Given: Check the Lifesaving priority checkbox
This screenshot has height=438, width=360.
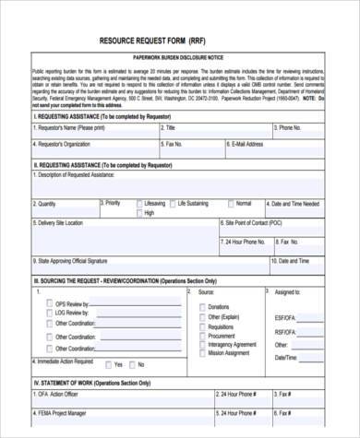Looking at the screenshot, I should click(x=139, y=203).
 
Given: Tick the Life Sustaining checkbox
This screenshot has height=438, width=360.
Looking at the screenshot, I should click(x=171, y=203).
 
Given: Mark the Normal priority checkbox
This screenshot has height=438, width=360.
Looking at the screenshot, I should click(x=230, y=203).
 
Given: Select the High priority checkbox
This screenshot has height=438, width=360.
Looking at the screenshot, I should click(x=139, y=213).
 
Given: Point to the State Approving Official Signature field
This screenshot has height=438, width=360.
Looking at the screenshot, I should click(x=111, y=266).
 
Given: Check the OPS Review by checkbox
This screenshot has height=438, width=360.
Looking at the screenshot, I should click(x=48, y=303).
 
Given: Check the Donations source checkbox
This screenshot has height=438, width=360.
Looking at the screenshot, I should click(x=202, y=306).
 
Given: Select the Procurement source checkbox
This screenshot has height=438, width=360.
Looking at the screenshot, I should click(x=202, y=336).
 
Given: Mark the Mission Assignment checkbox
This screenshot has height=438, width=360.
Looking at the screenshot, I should click(x=202, y=353).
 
